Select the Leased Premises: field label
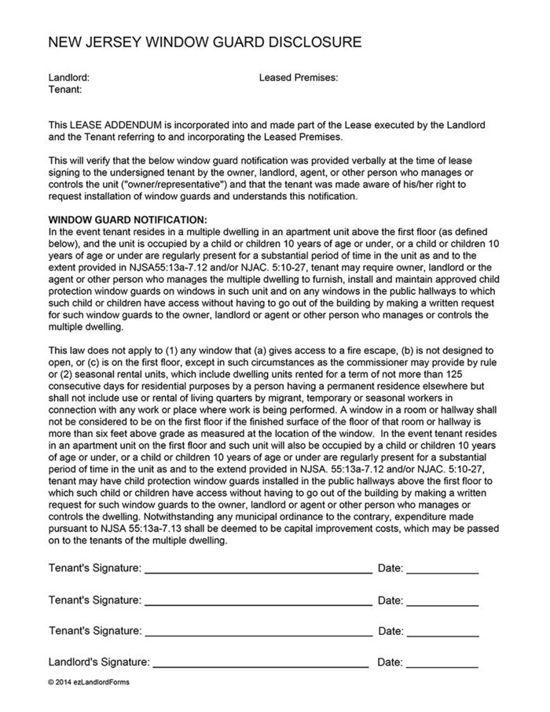tap(298, 78)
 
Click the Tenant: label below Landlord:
tap(65, 90)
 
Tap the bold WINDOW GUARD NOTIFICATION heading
tap(127, 220)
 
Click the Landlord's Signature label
tap(99, 662)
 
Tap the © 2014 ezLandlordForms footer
tap(89, 681)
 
